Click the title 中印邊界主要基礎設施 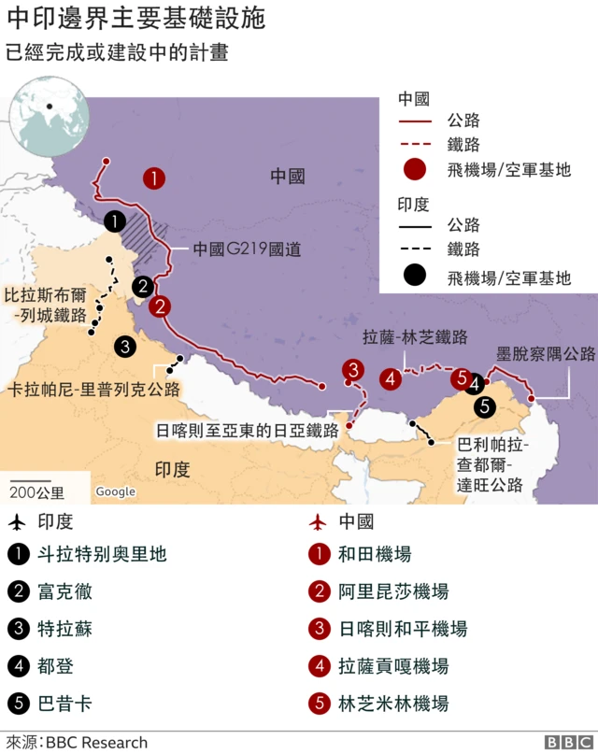click(135, 18)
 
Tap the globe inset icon click(49, 116)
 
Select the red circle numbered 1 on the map click(154, 178)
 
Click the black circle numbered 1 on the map click(114, 221)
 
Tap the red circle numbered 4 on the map click(391, 379)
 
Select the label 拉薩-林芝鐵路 click(415, 337)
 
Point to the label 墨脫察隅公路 click(546, 354)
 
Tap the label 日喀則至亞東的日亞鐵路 click(247, 431)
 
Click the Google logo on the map click(115, 491)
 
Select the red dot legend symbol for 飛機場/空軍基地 click(415, 169)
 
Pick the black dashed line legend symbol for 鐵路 click(415, 249)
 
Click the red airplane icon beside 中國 click(319, 521)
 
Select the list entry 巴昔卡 click(64, 704)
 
